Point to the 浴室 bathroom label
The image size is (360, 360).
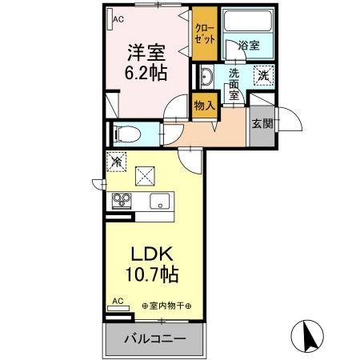(249, 46)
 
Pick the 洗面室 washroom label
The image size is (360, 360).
(234, 81)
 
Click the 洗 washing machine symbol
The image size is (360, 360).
(263, 76)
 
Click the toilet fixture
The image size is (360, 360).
(123, 133)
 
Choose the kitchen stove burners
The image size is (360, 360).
(122, 200)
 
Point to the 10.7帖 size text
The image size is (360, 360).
(150, 275)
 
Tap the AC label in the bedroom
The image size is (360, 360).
(118, 18)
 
